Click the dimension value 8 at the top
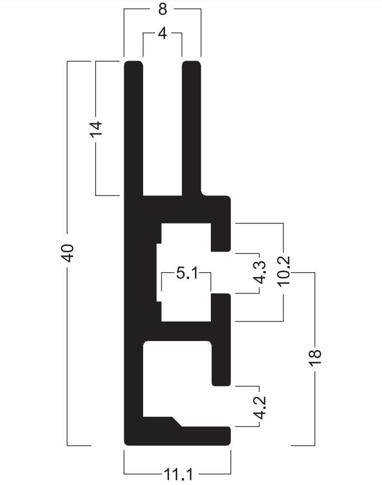pos(162,10)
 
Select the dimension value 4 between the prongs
pos(162,33)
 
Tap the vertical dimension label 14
pos(96,128)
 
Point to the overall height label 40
pos(68,253)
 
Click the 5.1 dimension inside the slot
pos(187,273)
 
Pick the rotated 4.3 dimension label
pos(260,272)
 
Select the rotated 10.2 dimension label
pos(284,271)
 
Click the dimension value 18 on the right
pos(315,357)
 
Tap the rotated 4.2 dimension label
pos(260,408)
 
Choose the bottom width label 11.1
pos(178,474)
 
